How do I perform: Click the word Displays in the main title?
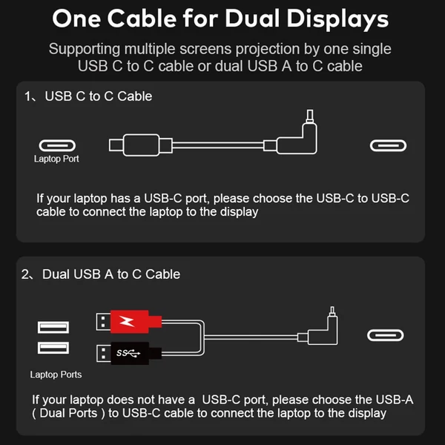pos(337,19)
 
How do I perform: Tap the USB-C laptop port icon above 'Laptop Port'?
pos(57,145)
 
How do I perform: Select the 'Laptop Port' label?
pos(56,159)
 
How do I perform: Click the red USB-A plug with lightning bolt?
pos(129,322)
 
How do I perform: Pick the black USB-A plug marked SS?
pos(129,353)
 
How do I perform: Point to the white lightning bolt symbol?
pos(127,321)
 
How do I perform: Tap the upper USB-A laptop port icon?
pos(53,327)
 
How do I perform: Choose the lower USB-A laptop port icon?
pos(53,348)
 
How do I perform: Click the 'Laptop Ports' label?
pos(56,375)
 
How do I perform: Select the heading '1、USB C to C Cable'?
pos(88,96)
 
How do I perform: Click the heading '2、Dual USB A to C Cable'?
pos(101,274)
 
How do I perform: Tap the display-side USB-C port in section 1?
pos(388,145)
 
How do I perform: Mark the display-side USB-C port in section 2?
pos(386,335)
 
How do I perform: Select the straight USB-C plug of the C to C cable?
pos(140,145)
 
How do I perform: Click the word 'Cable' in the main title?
pos(142,19)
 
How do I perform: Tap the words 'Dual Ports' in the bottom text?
pos(68,413)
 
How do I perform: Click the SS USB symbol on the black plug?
pos(128,353)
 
